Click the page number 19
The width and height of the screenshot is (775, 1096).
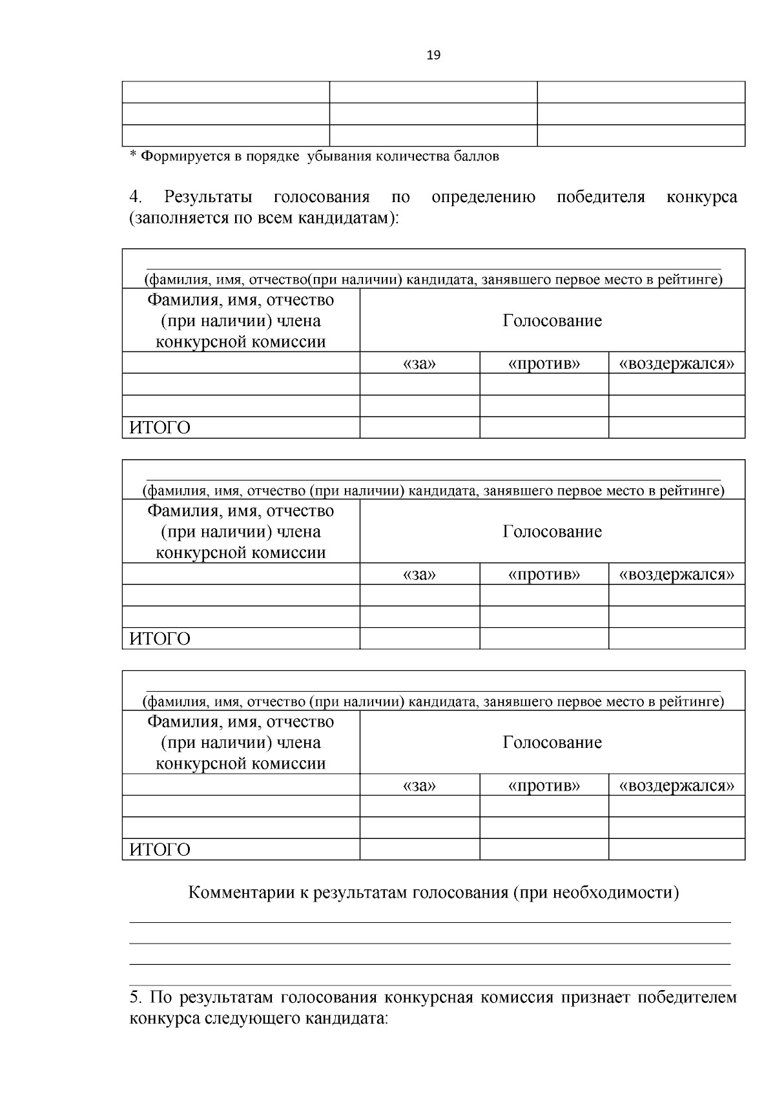click(x=433, y=56)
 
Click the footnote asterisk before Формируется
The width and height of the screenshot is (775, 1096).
click(x=134, y=156)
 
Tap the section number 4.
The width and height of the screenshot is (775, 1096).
click(x=136, y=197)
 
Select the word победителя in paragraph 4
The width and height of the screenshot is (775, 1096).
click(x=601, y=197)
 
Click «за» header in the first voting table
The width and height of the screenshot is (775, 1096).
click(x=419, y=364)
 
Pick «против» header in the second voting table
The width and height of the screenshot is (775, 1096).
click(x=544, y=574)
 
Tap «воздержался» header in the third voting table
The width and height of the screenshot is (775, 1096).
click(x=676, y=785)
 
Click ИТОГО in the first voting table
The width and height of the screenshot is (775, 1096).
click(x=160, y=428)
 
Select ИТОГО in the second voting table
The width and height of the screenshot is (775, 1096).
click(x=160, y=639)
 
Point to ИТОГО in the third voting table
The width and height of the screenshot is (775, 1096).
click(x=160, y=850)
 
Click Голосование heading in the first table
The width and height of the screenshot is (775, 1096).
click(x=552, y=321)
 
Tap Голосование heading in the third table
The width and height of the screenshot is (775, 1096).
click(x=552, y=743)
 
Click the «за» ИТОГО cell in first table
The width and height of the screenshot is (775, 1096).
click(x=419, y=428)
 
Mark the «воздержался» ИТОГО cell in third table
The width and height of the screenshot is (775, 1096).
click(x=676, y=849)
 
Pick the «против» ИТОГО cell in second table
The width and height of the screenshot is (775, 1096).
click(x=544, y=638)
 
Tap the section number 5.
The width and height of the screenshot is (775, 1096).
click(x=135, y=998)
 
